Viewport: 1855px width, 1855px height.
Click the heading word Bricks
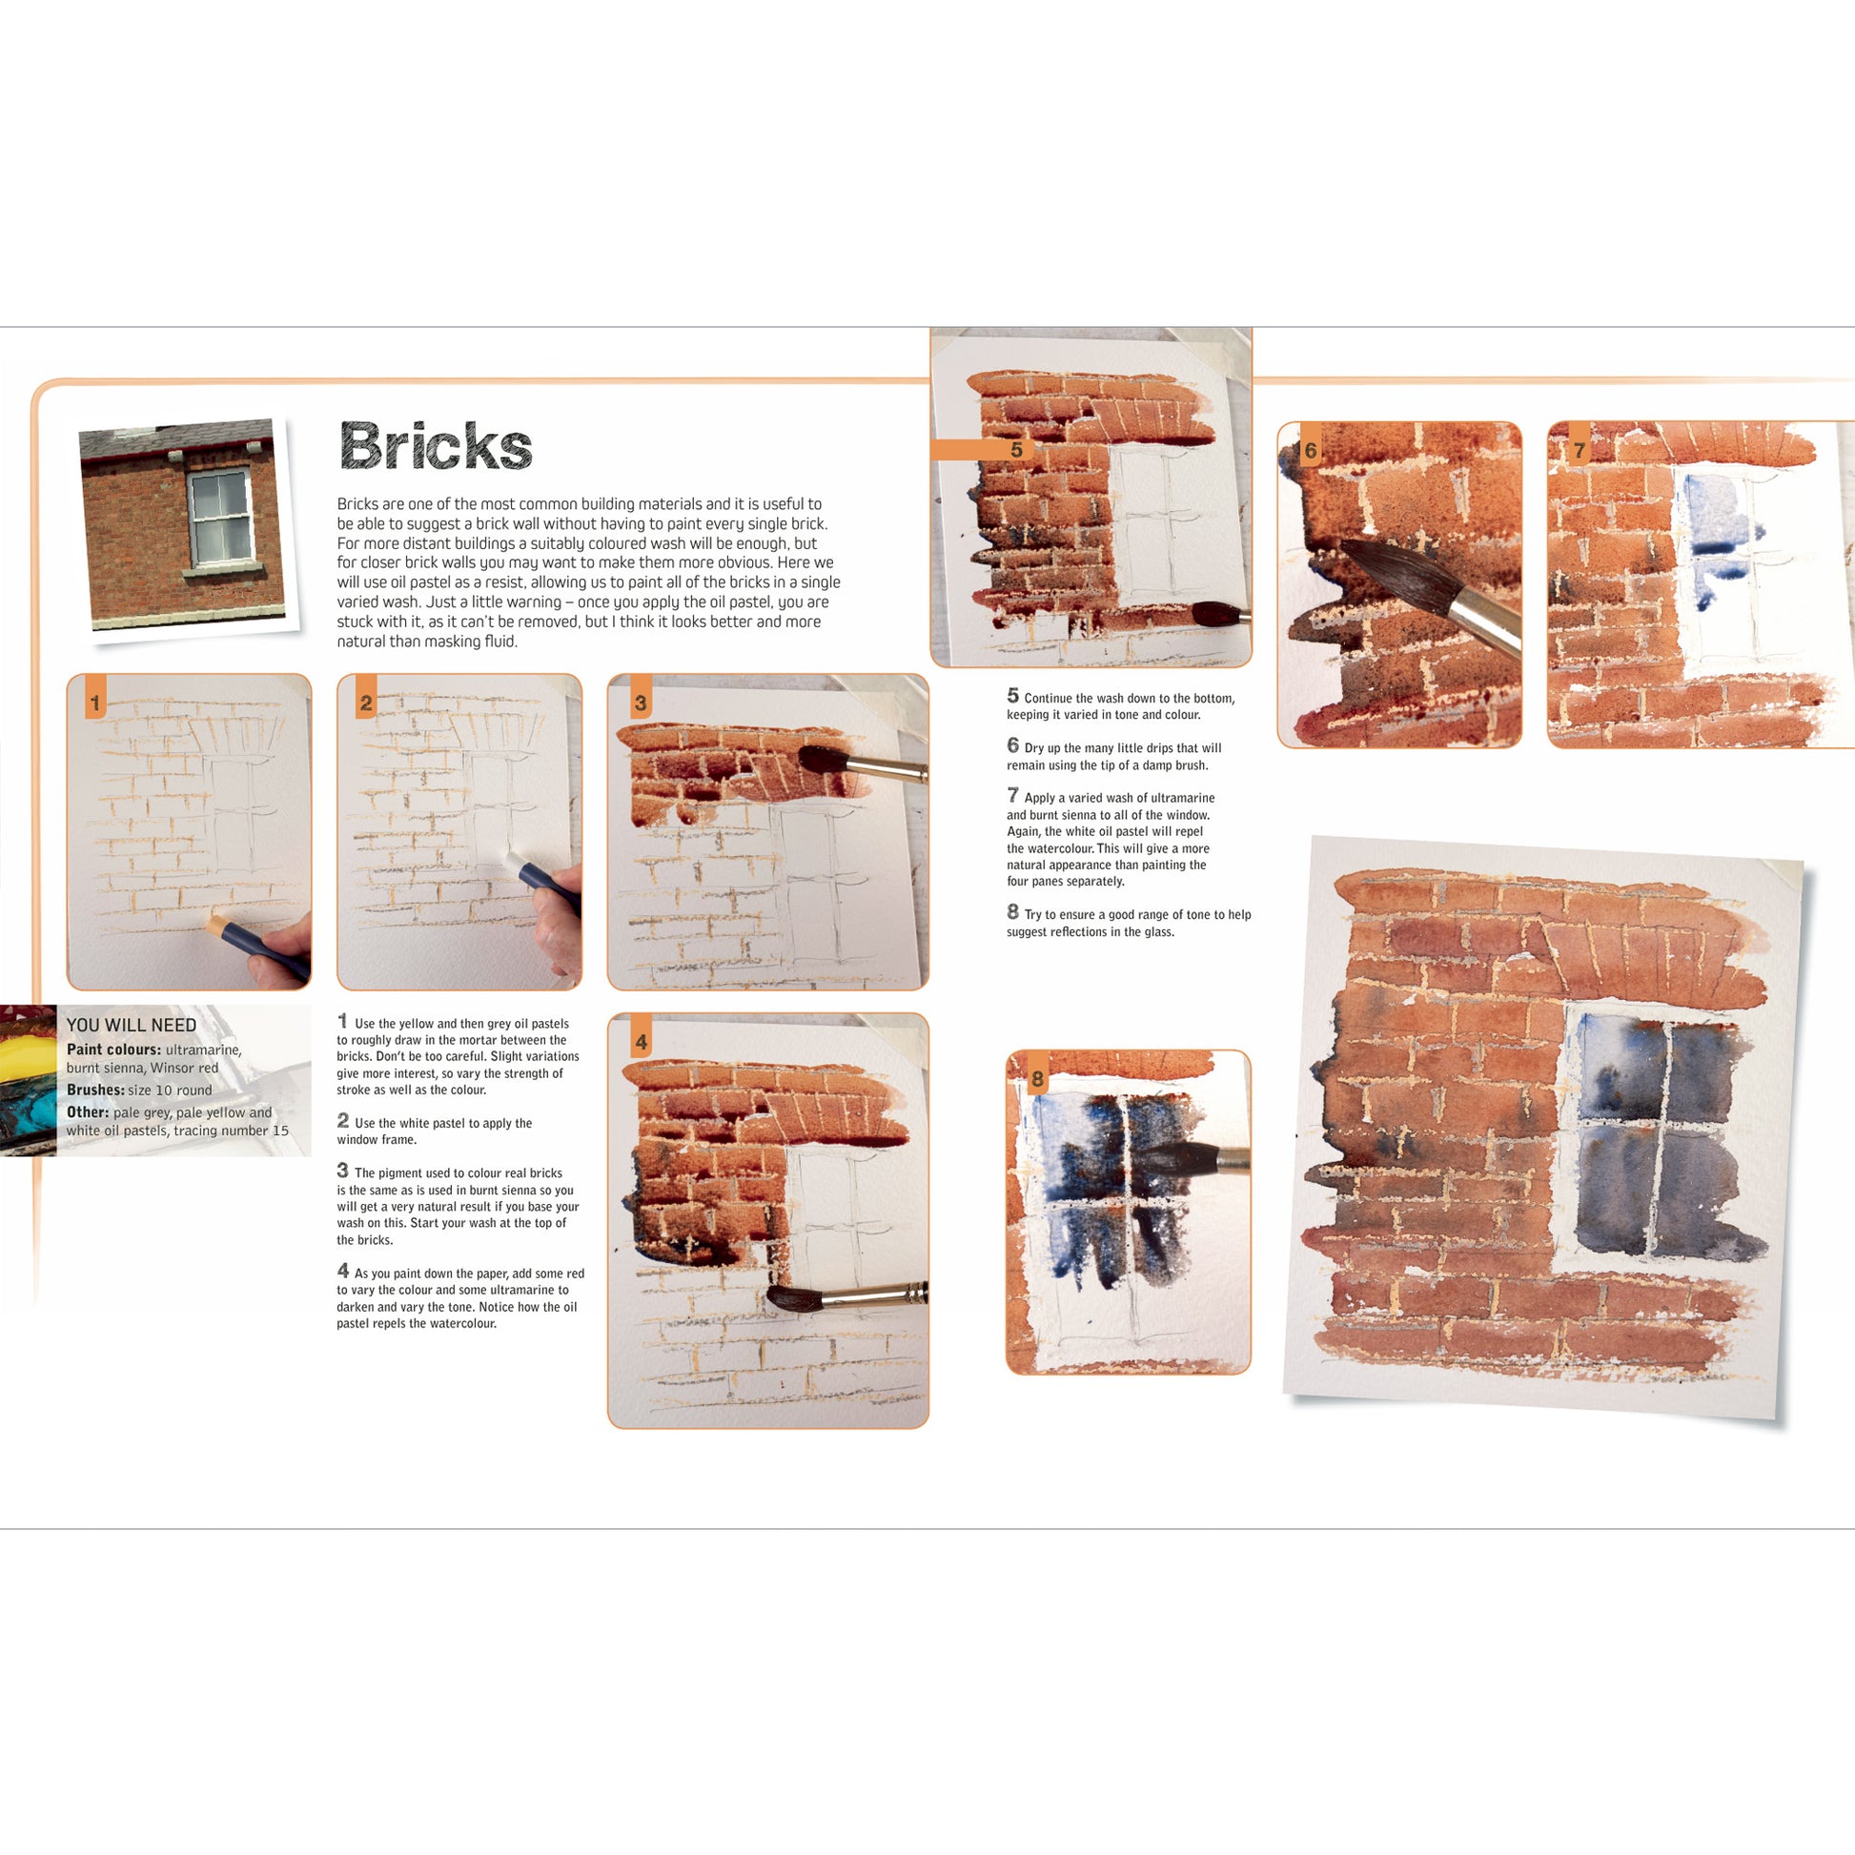[x=436, y=445]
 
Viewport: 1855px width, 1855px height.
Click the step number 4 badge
[x=641, y=1037]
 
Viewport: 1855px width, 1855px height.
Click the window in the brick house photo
[x=220, y=519]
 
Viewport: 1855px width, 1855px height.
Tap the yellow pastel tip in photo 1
[x=215, y=923]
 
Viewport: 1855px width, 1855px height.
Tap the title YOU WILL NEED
[x=132, y=1026]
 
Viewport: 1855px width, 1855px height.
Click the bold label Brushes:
[x=96, y=1090]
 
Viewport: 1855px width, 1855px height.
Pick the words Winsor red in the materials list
[x=184, y=1068]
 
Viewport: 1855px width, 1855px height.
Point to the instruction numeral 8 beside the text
[x=1012, y=911]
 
